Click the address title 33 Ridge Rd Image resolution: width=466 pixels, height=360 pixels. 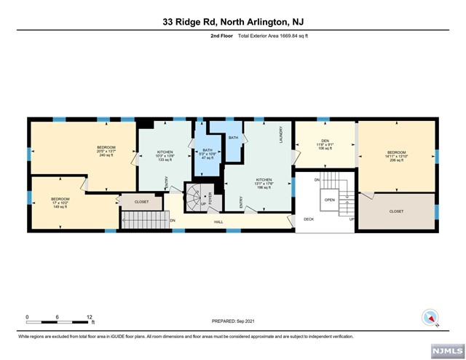(x=233, y=22)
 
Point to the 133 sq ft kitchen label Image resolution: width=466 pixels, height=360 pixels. (x=164, y=155)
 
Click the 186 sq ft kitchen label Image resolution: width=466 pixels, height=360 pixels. (x=263, y=183)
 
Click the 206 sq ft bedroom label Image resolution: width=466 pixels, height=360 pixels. (x=397, y=156)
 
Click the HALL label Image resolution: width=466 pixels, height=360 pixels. (x=218, y=222)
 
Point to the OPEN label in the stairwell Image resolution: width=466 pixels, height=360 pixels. (x=329, y=199)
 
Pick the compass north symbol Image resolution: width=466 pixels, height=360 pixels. (x=429, y=318)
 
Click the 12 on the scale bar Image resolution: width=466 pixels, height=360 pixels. (x=90, y=317)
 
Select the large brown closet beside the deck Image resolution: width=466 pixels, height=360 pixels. (x=397, y=211)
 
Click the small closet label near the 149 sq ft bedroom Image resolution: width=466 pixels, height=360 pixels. (x=141, y=202)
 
